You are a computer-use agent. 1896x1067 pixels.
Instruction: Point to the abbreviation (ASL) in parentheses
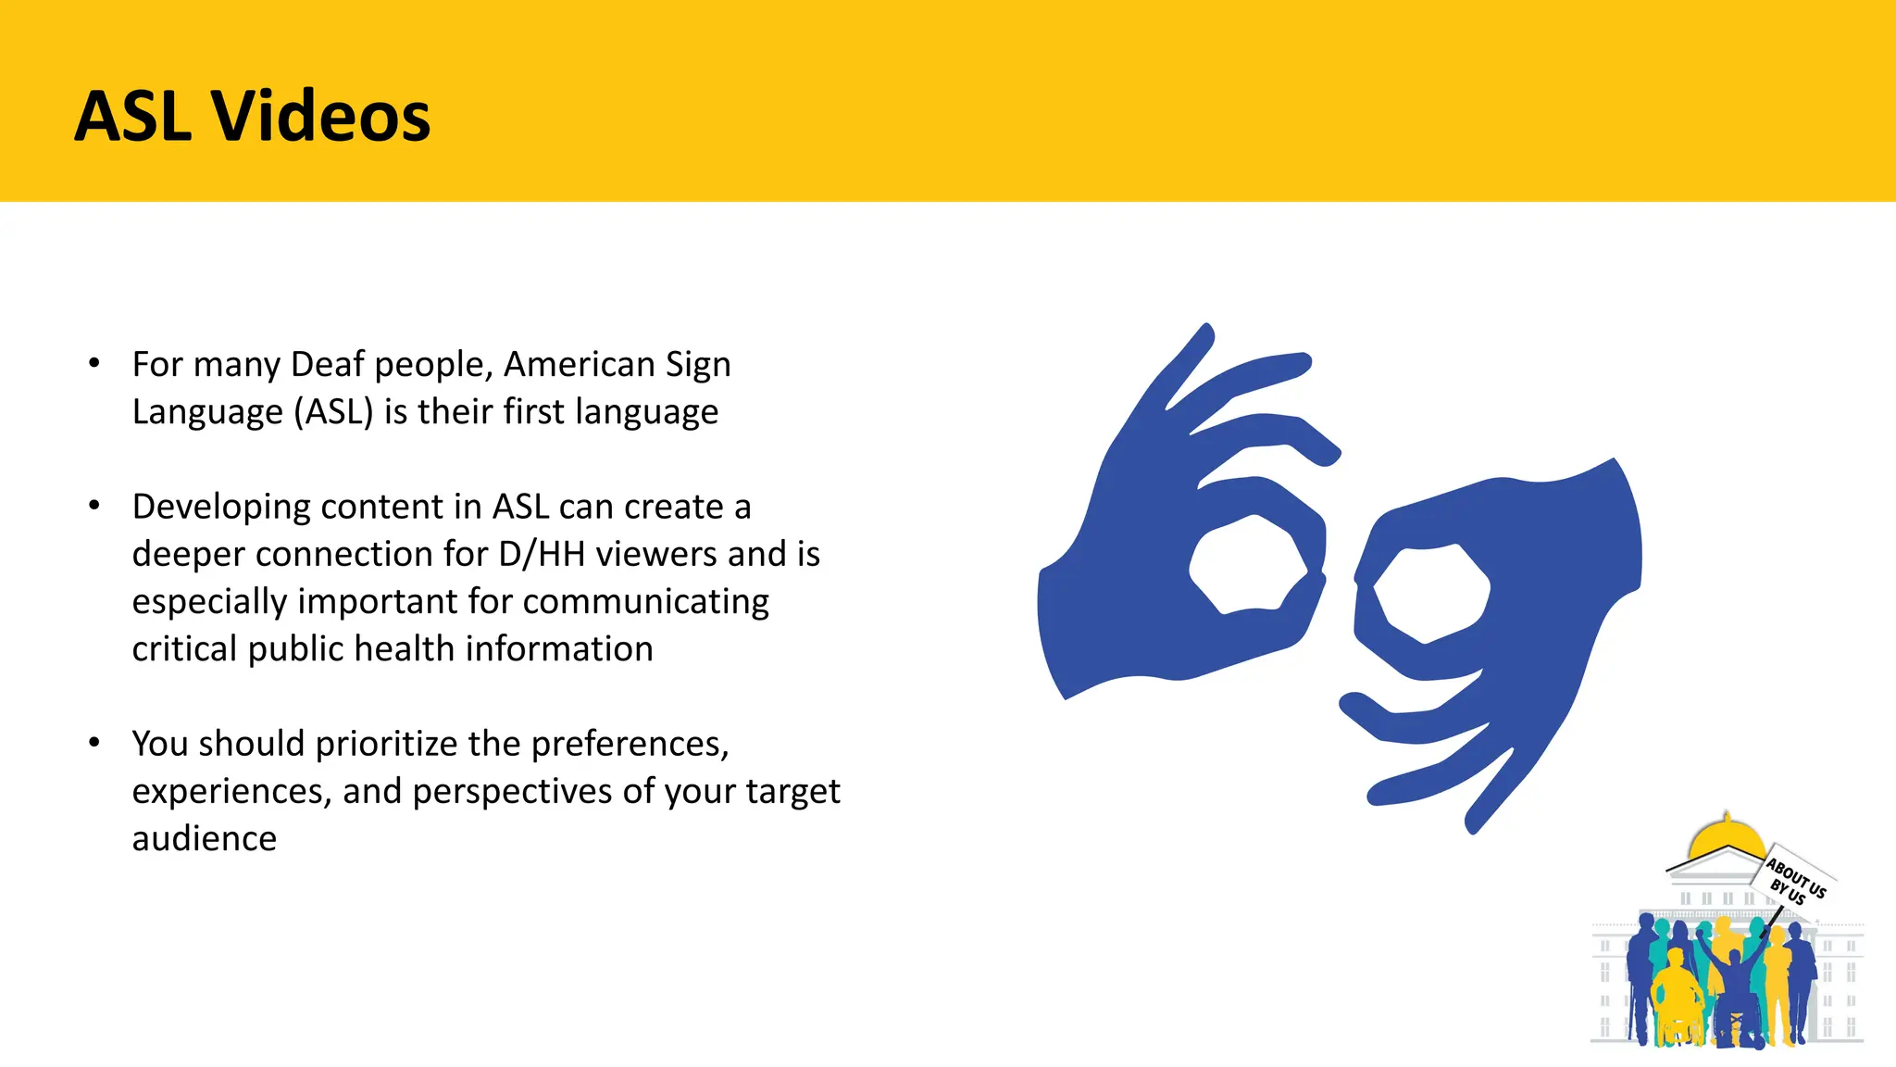coord(333,411)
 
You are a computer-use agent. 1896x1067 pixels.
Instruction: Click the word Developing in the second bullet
coord(221,508)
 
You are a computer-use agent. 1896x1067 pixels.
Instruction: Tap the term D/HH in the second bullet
coord(542,554)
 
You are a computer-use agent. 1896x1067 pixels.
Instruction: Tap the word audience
coord(204,838)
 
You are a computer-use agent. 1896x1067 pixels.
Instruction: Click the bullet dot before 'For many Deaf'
coord(94,363)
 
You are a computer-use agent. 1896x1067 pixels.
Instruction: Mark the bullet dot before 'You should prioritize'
coord(94,742)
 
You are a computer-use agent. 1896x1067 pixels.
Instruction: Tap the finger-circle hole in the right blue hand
coord(1431,592)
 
